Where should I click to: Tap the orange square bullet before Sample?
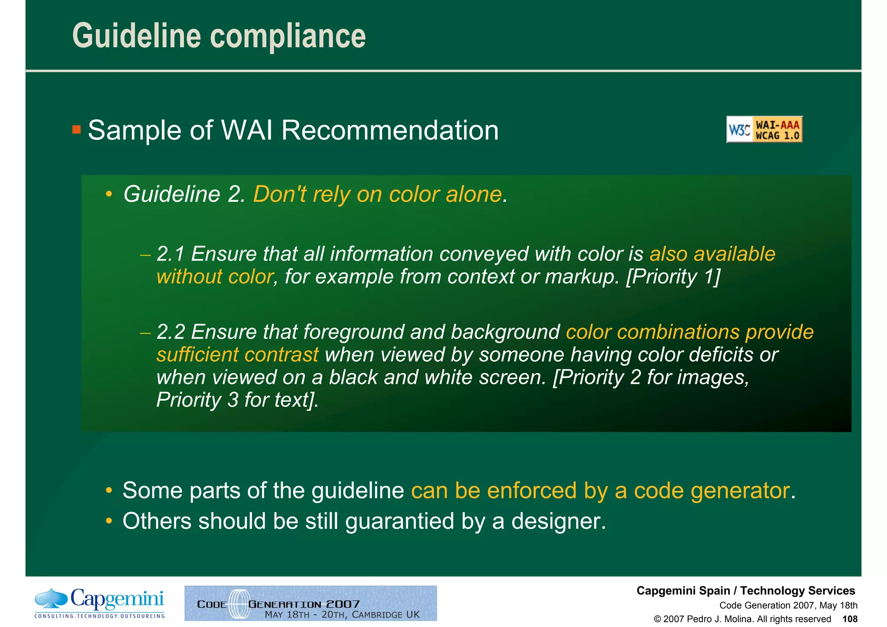77,129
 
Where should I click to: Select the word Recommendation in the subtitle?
390,130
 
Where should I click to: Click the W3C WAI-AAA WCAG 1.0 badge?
764,130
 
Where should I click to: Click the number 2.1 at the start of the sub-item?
171,254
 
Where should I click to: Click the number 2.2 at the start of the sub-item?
171,332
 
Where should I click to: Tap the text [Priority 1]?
673,277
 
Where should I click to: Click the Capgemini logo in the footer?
100,603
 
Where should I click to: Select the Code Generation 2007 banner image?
311,603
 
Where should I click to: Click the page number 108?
850,619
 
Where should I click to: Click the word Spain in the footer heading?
714,591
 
